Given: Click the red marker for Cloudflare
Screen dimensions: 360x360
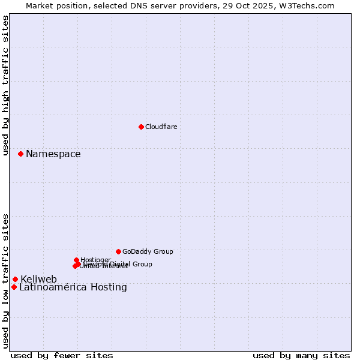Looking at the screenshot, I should [x=141, y=127].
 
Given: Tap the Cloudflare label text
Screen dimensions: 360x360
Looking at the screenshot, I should [x=161, y=127].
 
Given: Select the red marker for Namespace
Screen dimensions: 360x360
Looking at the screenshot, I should [x=20, y=154].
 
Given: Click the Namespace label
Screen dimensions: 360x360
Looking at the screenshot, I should [x=53, y=154].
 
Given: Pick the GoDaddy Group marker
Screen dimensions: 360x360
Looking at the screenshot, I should [x=118, y=251].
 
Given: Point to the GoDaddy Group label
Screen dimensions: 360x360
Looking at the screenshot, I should [x=148, y=251].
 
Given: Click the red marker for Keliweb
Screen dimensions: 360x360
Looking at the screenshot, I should [x=15, y=279].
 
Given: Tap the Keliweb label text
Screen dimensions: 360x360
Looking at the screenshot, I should [x=38, y=279].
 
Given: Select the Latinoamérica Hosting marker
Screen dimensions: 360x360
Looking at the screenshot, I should [x=14, y=287].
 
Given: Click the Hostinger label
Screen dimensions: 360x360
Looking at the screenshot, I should [x=95, y=260].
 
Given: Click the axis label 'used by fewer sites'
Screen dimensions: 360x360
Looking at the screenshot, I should [x=62, y=355].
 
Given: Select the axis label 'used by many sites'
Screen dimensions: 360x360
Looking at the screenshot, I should [x=301, y=355].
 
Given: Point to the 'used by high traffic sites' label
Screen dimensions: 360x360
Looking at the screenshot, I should [x=5, y=85].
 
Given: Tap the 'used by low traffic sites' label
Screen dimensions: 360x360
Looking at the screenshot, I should [x=5, y=280].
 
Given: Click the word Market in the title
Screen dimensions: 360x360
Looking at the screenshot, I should [x=39, y=5].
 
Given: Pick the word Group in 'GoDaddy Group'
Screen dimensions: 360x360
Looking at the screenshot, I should [x=163, y=251].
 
